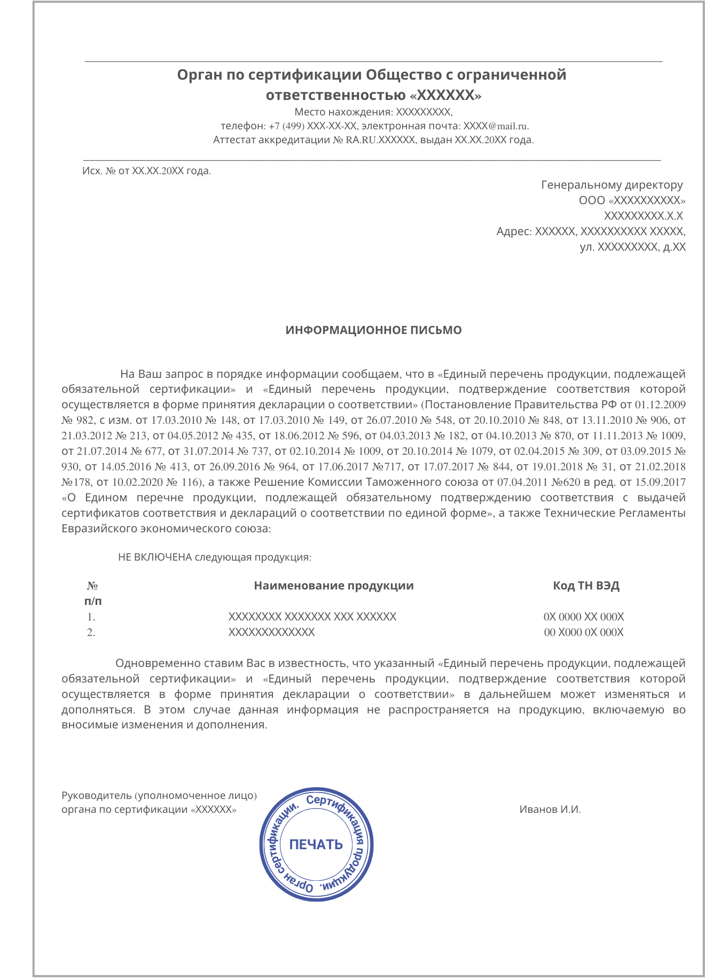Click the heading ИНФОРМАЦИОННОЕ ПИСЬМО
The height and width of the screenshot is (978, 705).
click(373, 330)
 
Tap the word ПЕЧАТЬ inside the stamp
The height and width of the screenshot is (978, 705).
click(316, 844)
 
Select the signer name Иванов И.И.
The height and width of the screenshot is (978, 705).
click(550, 809)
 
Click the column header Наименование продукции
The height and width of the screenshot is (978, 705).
click(334, 585)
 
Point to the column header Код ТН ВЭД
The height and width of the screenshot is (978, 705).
click(586, 585)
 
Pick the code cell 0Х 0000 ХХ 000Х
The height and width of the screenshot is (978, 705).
click(583, 617)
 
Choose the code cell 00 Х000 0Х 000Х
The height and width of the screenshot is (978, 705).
click(583, 632)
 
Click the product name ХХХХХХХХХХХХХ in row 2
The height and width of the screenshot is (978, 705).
click(271, 632)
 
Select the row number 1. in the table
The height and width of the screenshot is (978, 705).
click(91, 617)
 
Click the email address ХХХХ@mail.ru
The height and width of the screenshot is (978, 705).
click(496, 126)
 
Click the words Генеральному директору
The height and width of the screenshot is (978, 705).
click(612, 185)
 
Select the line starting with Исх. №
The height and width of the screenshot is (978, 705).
click(146, 171)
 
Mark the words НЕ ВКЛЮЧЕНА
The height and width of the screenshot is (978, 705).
click(155, 557)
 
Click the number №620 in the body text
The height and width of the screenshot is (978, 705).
click(565, 482)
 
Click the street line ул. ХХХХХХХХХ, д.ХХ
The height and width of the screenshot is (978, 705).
click(632, 247)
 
